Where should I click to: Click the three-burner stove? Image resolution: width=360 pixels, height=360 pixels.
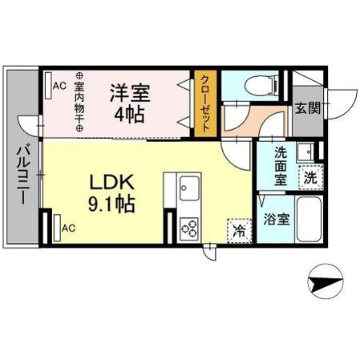(x=189, y=229)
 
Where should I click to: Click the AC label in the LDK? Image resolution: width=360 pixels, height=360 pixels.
(x=68, y=228)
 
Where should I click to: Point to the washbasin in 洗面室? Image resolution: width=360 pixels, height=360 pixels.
(x=304, y=152)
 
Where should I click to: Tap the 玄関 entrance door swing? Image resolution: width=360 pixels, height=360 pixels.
(x=341, y=97)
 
